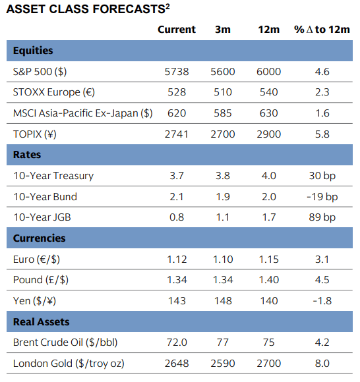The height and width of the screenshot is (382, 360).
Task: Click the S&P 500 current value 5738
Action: (177, 72)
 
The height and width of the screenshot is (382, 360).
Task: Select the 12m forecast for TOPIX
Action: (268, 134)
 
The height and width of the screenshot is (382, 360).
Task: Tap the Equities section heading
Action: (33, 51)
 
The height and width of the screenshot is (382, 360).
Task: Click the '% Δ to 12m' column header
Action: (322, 30)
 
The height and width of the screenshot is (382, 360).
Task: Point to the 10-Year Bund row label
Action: (45, 197)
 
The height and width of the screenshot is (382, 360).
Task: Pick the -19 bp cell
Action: (322, 197)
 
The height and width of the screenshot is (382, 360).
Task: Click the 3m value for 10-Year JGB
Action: (223, 217)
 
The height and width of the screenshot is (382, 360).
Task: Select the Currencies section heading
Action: (40, 238)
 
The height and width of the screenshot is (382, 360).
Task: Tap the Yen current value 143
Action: (177, 301)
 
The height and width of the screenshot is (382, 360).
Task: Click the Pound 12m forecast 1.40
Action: (268, 280)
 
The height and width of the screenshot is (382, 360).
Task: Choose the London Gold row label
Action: (69, 364)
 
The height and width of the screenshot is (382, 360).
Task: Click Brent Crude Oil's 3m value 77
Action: (223, 342)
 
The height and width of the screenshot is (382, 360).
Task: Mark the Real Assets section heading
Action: (42, 322)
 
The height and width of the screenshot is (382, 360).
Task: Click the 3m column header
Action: (223, 30)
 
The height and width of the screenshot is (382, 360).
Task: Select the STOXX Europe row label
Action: (54, 92)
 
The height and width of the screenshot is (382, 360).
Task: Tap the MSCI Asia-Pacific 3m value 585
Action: (223, 113)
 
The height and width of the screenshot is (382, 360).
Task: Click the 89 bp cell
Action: (322, 217)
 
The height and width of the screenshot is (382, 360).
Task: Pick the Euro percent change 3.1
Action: (322, 259)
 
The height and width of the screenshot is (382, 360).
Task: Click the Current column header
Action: (177, 30)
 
